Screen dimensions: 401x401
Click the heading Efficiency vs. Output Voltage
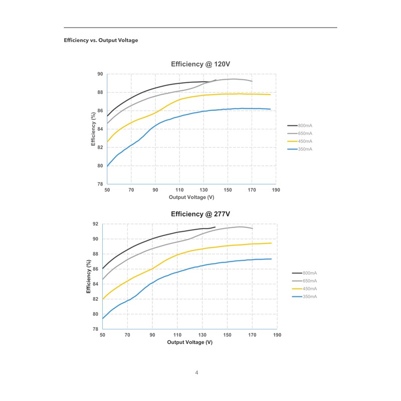click(101, 40)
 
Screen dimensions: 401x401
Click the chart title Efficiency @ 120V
click(200, 64)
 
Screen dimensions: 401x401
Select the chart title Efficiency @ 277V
click(200, 214)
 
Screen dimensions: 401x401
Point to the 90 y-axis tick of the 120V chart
click(100, 74)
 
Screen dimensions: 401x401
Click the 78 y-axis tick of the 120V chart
click(100, 184)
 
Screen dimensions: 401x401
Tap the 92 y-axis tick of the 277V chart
click(95, 224)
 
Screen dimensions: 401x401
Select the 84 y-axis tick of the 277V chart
click(95, 284)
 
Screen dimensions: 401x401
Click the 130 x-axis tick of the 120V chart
click(204, 190)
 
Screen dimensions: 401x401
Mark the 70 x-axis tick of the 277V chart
click(127, 335)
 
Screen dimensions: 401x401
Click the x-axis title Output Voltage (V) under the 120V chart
click(191, 197)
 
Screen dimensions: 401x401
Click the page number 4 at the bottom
click(197, 372)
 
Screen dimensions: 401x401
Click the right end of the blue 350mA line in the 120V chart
click(270, 109)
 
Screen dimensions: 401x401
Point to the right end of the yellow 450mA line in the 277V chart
click(271, 243)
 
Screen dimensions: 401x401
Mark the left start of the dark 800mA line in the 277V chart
click(103, 268)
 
